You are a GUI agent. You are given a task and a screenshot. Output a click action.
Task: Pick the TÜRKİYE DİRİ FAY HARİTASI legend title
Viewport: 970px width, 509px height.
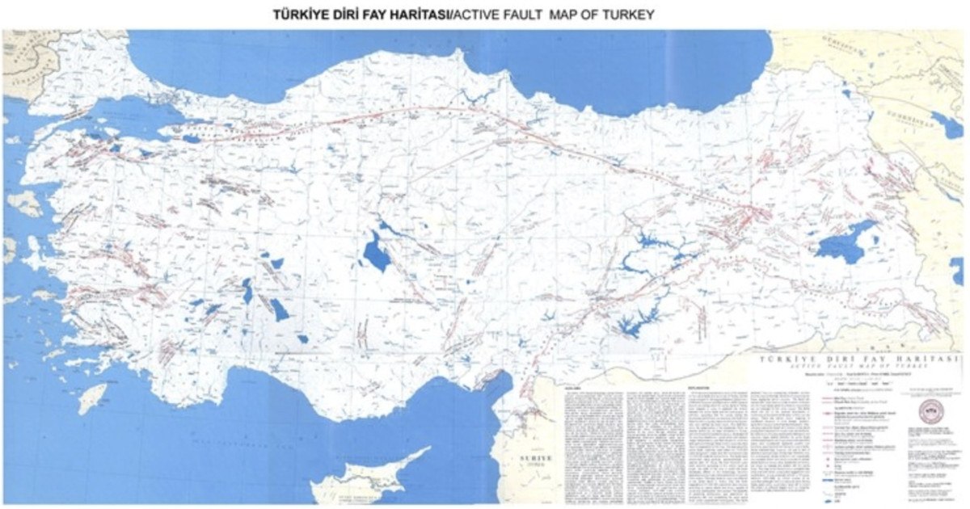[x=856, y=358]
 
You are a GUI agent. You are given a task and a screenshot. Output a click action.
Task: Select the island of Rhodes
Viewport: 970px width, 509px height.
[x=91, y=398]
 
